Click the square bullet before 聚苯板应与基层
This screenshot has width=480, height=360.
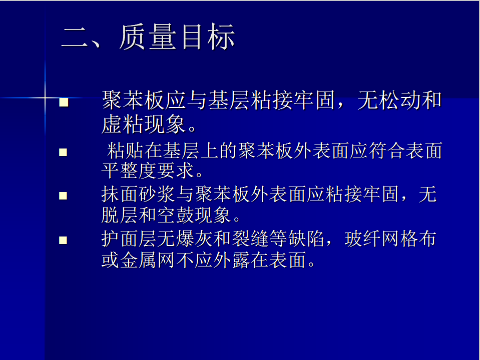click(64, 102)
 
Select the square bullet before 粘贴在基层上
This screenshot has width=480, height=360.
click(63, 152)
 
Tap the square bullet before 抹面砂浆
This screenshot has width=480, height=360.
click(63, 196)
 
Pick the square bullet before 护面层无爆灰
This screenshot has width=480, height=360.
click(63, 240)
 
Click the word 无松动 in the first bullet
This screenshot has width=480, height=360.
click(389, 100)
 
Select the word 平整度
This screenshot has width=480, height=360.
click(129, 170)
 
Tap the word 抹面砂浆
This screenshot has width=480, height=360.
click(138, 194)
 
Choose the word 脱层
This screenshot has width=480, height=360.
click(120, 215)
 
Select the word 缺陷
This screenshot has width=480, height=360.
click(306, 238)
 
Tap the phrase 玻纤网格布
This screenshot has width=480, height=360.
click(390, 238)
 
